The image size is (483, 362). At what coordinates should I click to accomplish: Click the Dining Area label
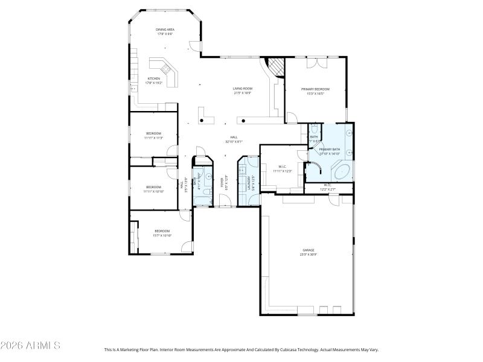(165, 29)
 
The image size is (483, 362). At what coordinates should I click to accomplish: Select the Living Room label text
(243, 89)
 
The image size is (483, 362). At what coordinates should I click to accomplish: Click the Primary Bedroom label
(315, 89)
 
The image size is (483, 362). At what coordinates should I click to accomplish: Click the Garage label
(309, 250)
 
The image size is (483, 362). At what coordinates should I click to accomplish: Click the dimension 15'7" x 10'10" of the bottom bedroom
(162, 235)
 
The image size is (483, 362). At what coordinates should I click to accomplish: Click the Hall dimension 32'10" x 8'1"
(234, 142)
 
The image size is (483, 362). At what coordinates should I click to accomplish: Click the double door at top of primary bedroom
(316, 62)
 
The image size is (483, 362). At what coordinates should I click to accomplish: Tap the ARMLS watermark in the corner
(30, 346)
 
